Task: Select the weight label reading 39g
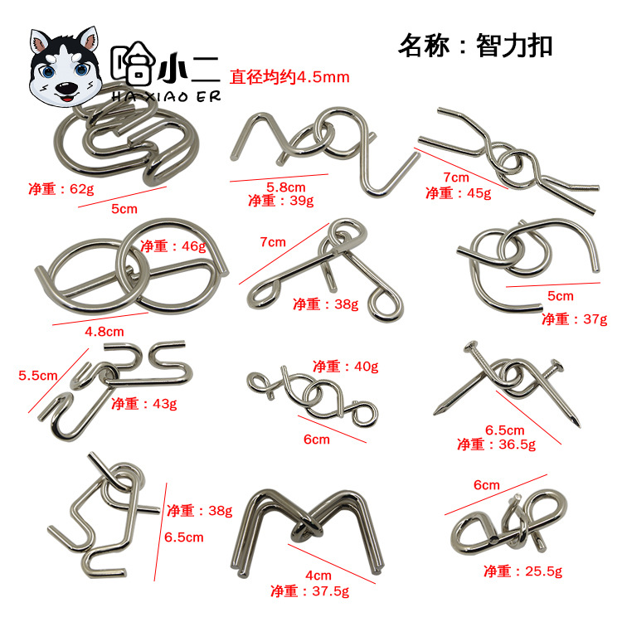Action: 280,201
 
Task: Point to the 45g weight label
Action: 458,193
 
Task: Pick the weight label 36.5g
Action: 496,445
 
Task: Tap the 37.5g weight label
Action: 309,590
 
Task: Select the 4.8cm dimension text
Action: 104,332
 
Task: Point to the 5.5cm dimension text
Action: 38,375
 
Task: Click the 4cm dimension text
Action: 318,576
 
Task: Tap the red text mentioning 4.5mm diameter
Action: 289,77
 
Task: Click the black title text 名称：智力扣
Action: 474,45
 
